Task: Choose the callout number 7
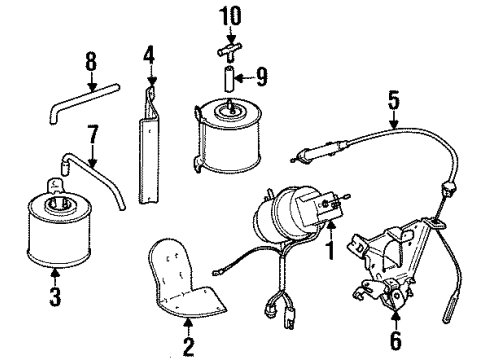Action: tap(92, 131)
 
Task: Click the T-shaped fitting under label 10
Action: tap(229, 47)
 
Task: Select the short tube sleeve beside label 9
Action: tap(229, 74)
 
